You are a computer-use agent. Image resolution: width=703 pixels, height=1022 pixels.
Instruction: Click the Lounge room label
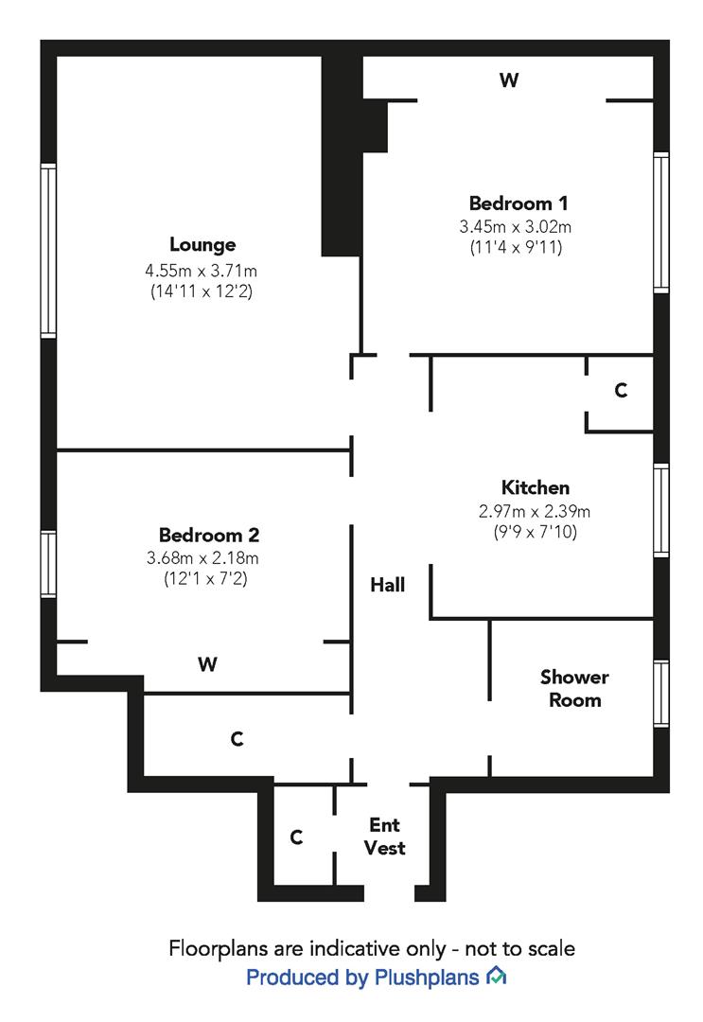(202, 245)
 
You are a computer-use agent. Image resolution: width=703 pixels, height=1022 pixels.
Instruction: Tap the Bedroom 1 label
(518, 203)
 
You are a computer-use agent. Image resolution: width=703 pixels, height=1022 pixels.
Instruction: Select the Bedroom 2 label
(209, 535)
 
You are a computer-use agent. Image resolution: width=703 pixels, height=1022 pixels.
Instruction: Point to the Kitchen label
(536, 488)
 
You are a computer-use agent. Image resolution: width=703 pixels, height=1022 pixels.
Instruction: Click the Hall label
(387, 586)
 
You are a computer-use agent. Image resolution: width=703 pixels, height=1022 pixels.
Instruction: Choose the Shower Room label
(574, 689)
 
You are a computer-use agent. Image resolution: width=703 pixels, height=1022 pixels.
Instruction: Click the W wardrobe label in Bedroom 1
(509, 81)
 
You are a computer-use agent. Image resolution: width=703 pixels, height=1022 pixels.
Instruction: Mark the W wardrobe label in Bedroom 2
(208, 665)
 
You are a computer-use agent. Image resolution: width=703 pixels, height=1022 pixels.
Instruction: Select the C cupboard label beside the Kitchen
(621, 390)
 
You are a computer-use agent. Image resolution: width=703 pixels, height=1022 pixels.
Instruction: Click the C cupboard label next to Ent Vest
(296, 837)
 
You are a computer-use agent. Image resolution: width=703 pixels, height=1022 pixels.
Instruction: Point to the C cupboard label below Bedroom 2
(237, 739)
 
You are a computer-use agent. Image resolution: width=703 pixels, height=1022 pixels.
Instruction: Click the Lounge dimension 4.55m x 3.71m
(202, 271)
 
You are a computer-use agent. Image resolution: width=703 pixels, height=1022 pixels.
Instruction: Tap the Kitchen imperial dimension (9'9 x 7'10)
(535, 533)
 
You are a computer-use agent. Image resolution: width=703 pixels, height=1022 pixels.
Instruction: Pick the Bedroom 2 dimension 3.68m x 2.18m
(202, 557)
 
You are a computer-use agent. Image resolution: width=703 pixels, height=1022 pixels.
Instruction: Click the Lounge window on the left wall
(47, 251)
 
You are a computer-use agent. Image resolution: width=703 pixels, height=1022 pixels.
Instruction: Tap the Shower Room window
(660, 694)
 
